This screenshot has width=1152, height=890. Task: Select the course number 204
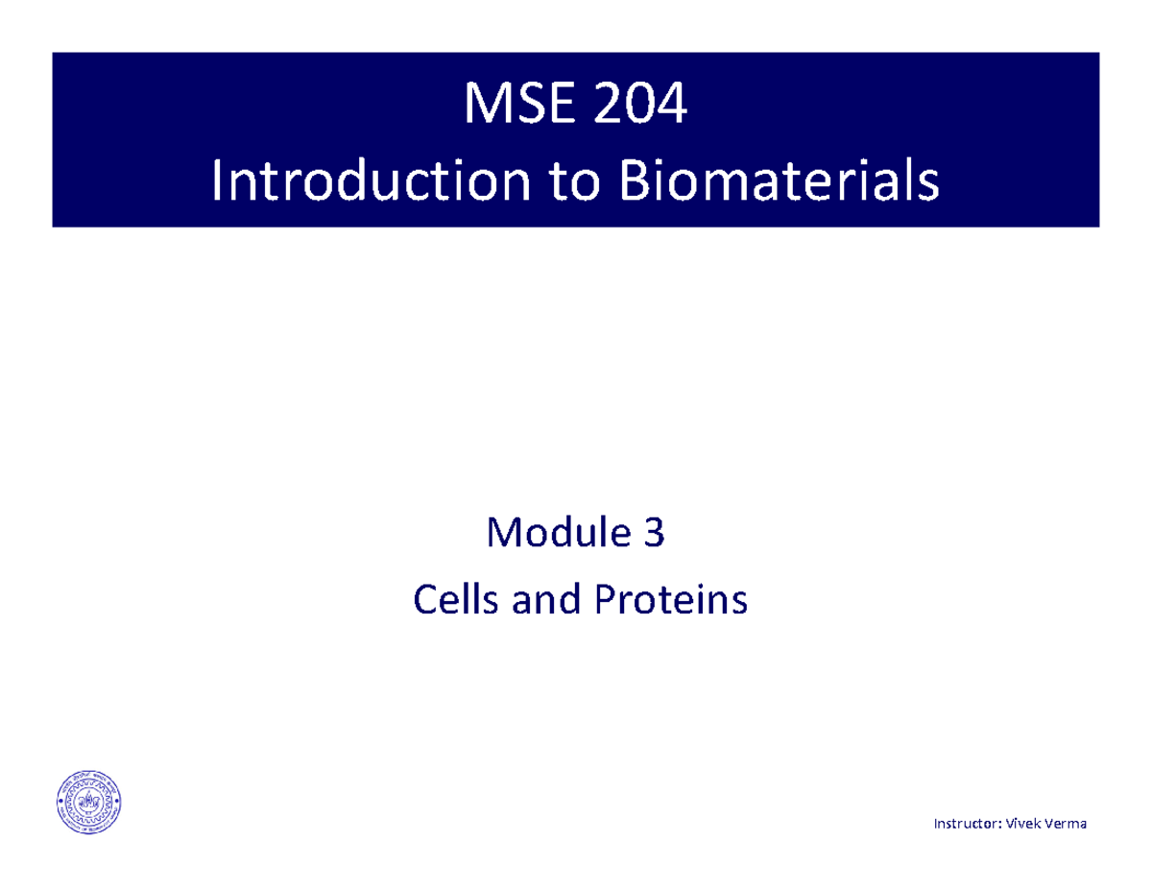[x=639, y=105]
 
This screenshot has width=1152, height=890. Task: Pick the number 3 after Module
[x=653, y=534]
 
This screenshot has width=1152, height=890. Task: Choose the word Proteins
[x=668, y=601]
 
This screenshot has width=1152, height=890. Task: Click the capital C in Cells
[x=423, y=601]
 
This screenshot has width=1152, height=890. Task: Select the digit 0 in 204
[x=640, y=105]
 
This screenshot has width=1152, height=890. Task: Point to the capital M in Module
[x=505, y=534]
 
